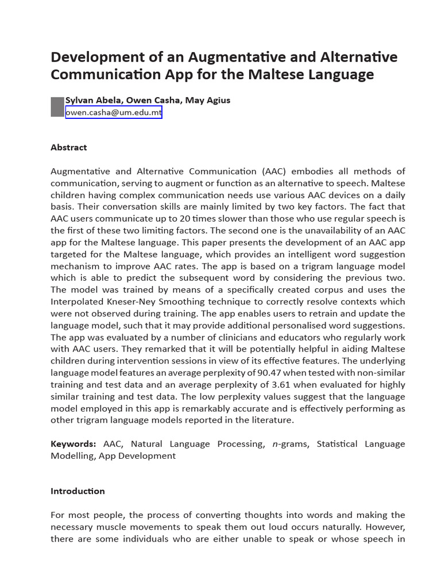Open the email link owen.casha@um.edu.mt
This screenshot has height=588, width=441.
click(x=114, y=113)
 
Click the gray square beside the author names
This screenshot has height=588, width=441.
click(x=57, y=107)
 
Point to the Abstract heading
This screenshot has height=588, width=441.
click(x=69, y=148)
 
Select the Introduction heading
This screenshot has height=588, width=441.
click(x=78, y=491)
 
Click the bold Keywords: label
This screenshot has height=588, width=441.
click(x=73, y=444)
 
